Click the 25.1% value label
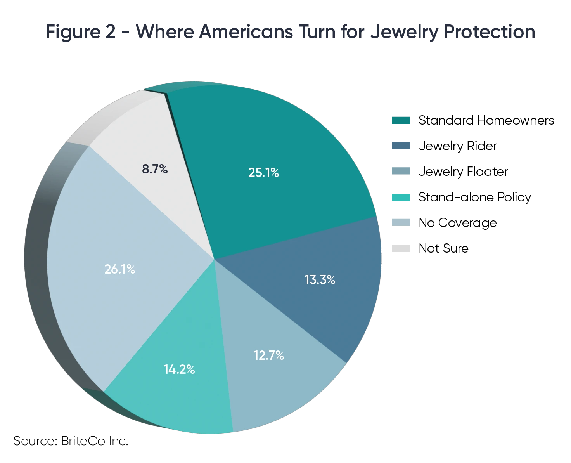coord(264,173)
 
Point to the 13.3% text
coord(320,279)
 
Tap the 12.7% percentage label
coord(269,355)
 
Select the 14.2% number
coord(179,369)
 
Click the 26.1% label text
coord(119,269)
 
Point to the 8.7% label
coord(155,169)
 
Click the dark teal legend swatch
coord(401,120)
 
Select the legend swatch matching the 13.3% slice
coord(401,146)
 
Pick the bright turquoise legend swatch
coord(401,197)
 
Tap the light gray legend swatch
coord(401,248)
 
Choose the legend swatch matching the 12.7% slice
coord(401,171)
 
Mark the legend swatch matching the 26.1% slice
coord(401,222)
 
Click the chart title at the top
coord(291,32)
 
